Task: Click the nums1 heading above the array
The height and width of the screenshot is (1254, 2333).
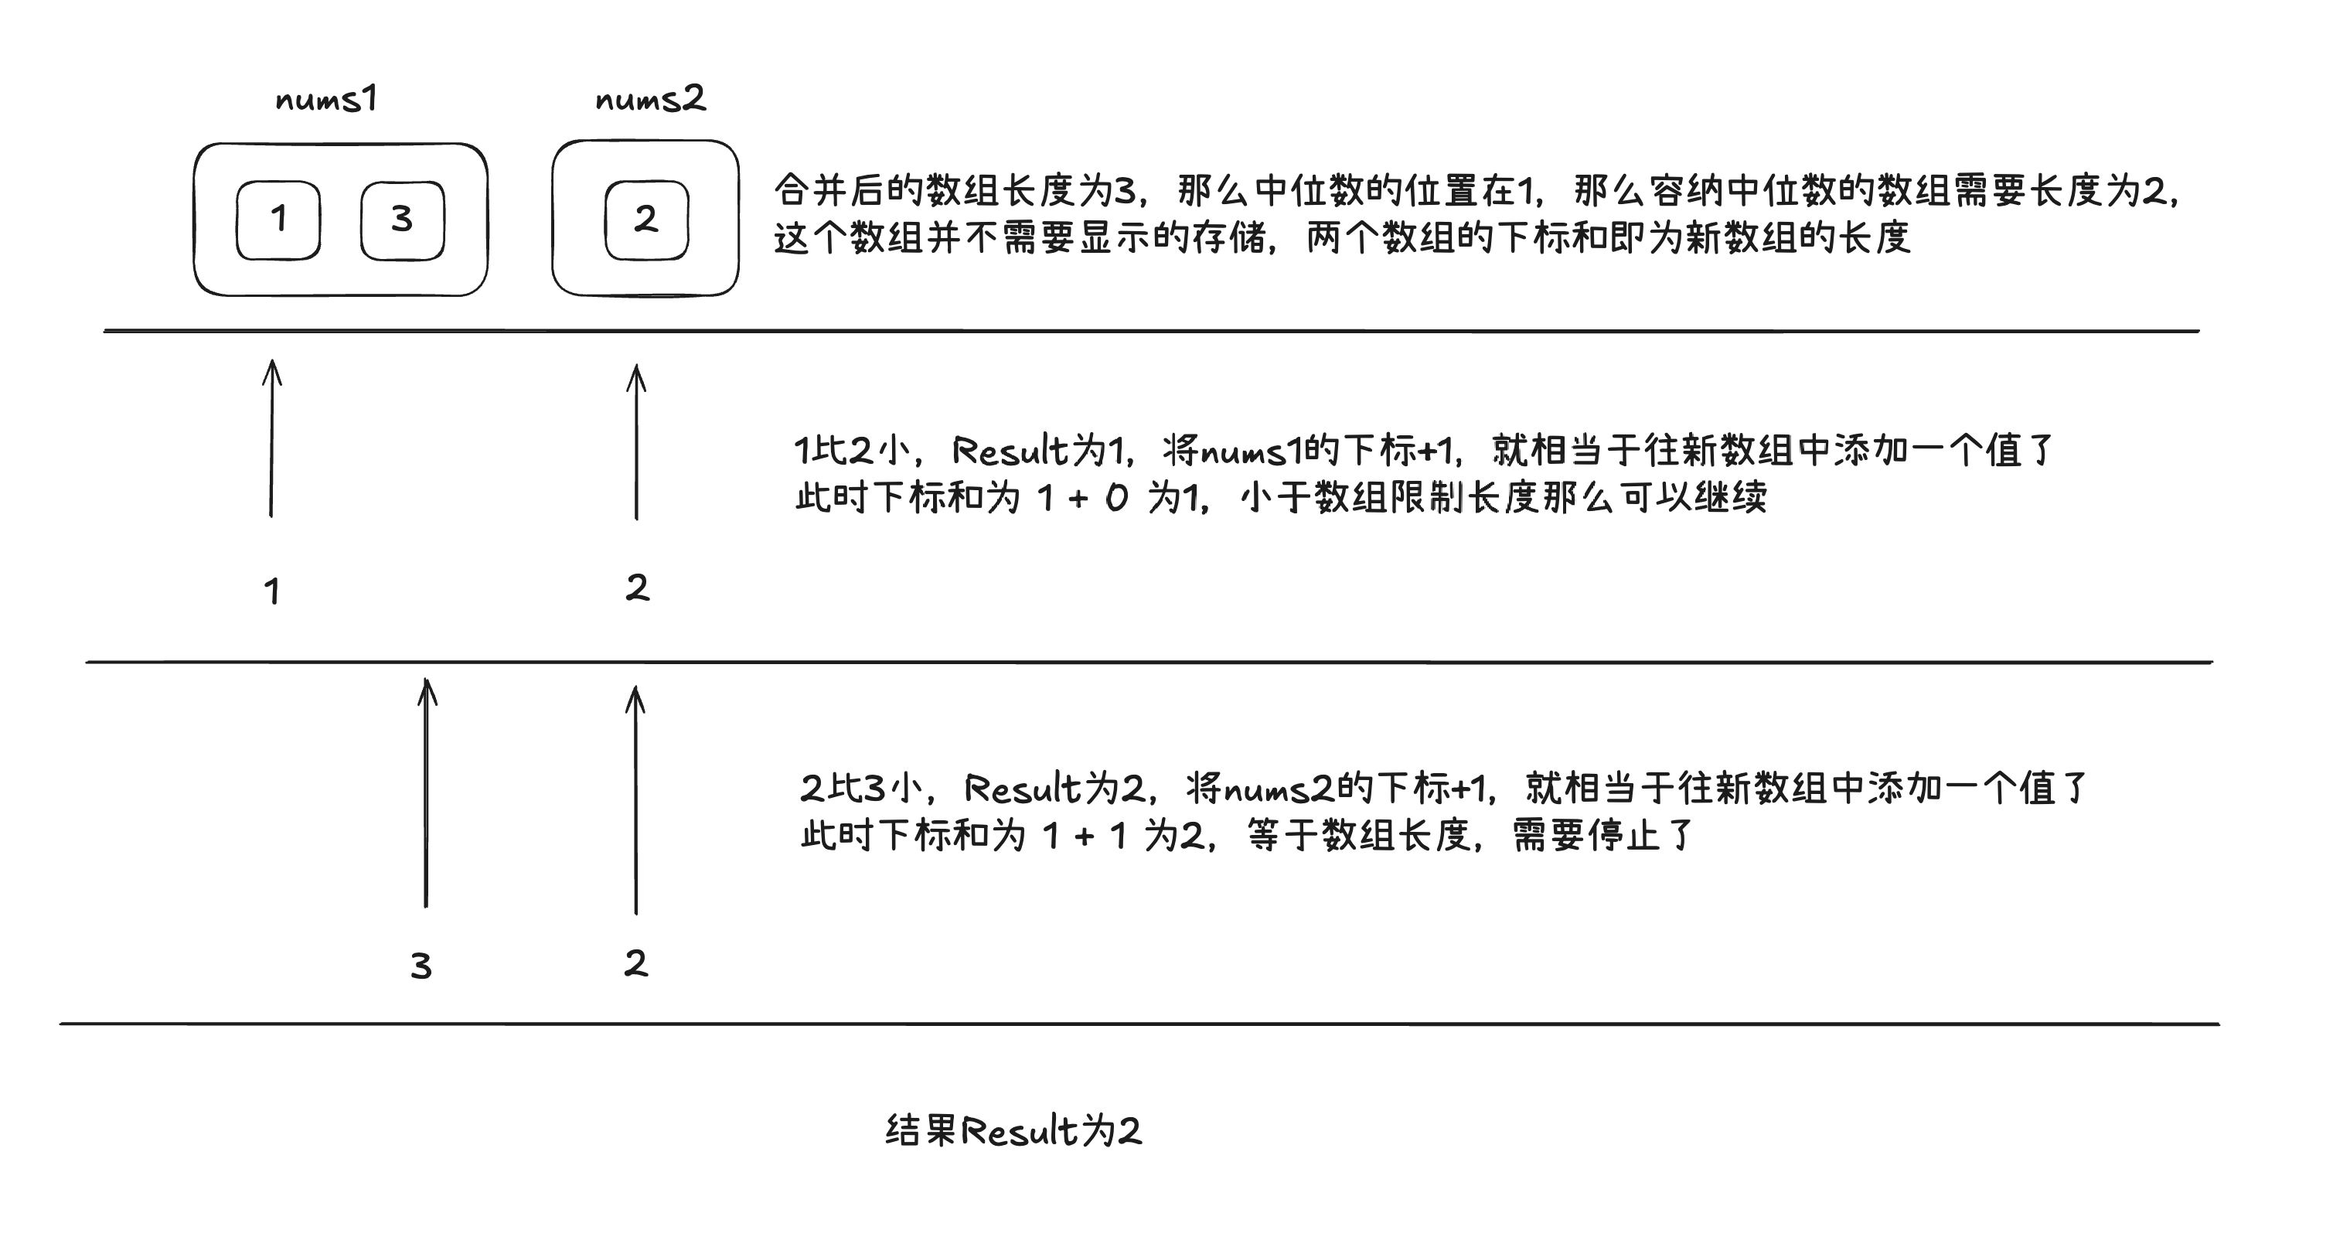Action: point(326,99)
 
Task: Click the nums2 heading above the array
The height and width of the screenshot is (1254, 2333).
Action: point(650,99)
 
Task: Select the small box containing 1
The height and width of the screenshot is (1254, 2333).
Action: point(278,220)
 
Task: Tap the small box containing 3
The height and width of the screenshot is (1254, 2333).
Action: point(402,220)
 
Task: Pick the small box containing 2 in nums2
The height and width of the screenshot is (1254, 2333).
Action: point(647,220)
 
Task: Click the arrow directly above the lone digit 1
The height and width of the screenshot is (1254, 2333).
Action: point(271,438)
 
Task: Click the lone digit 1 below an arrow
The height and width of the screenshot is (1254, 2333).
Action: point(271,591)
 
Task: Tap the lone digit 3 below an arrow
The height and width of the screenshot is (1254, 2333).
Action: point(421,966)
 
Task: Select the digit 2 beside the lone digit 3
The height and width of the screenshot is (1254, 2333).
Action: point(635,963)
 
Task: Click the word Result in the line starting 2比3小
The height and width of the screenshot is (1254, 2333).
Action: point(1023,789)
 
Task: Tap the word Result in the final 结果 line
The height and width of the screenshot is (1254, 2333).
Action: point(1019,1131)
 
